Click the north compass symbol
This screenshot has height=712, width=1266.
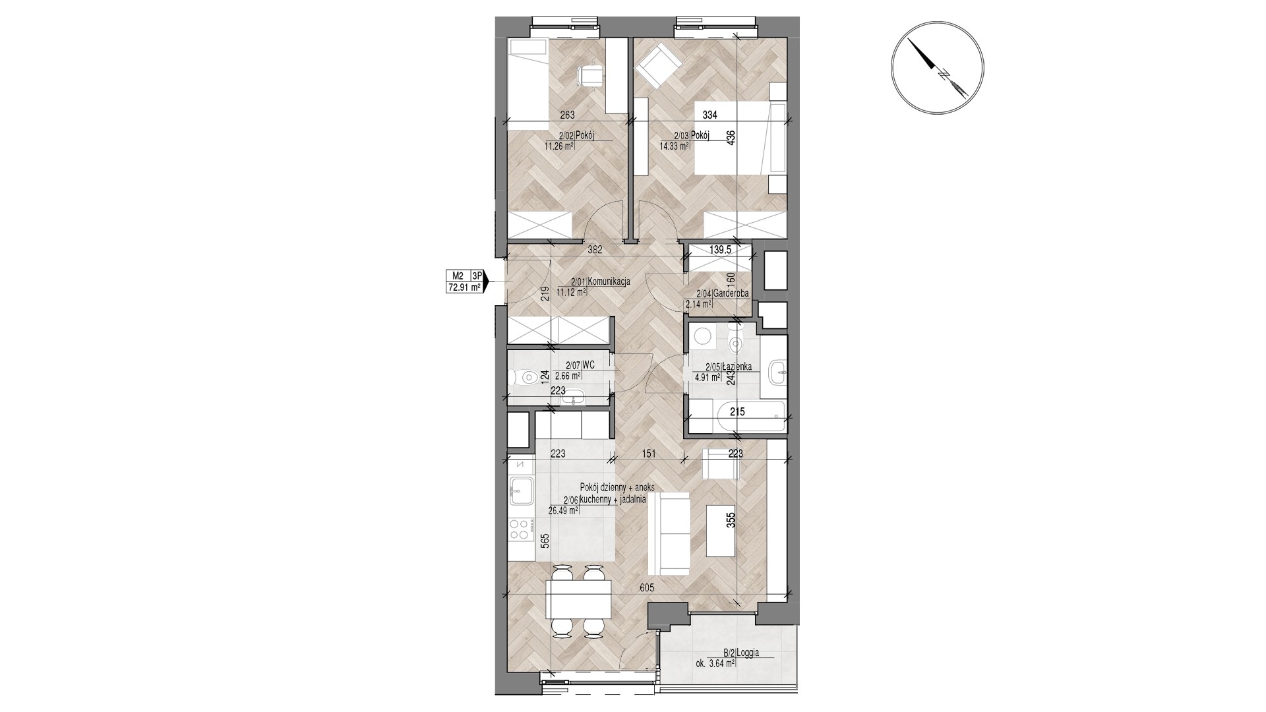(937, 69)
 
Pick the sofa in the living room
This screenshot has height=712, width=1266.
(668, 534)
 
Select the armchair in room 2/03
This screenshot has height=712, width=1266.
(657, 66)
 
